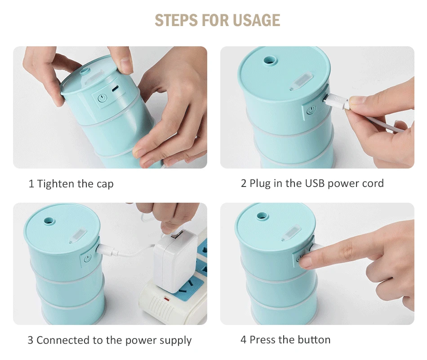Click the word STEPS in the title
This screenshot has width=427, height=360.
[x=176, y=20]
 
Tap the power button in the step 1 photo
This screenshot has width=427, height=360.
[x=102, y=98]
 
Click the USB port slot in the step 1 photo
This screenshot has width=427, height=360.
[x=116, y=89]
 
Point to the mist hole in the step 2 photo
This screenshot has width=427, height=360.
[x=270, y=60]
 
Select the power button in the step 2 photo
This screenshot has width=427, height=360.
[x=311, y=110]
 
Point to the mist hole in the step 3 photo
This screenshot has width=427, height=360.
[x=49, y=220]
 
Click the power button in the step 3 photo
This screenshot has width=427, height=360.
[x=87, y=258]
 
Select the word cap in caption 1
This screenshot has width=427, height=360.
[x=105, y=184]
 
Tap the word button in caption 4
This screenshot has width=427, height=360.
[x=314, y=340]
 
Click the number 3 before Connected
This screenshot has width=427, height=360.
[x=31, y=340]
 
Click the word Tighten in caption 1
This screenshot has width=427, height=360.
[x=56, y=184]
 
